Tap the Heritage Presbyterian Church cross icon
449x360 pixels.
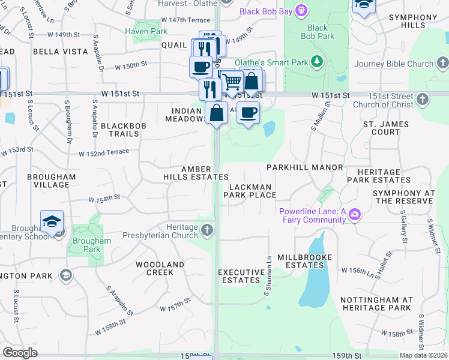point(207,230)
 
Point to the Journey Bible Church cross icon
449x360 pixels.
point(442,63)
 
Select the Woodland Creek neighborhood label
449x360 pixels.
point(160,268)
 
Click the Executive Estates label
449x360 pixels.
point(241,276)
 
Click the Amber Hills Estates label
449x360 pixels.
point(196,173)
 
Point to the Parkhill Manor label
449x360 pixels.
point(305,167)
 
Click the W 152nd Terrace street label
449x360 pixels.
point(104,152)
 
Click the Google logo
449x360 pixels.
point(20,353)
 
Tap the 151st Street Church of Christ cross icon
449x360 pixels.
point(423,98)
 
